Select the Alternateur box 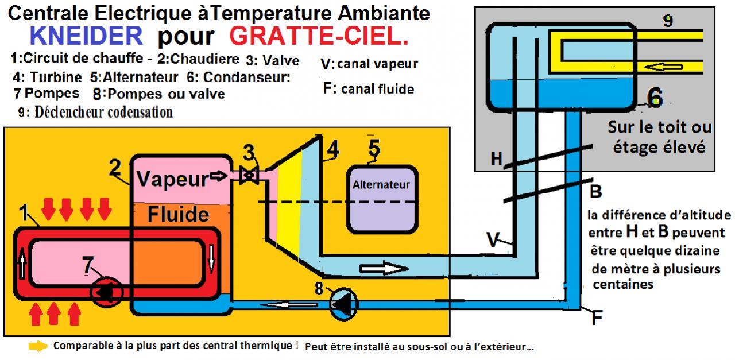[381, 198]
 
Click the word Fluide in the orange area [178, 214]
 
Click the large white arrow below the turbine [384, 268]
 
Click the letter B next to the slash [595, 191]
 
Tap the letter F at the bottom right [597, 318]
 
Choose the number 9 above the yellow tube [667, 21]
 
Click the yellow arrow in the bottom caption [38, 347]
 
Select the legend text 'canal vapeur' [377, 64]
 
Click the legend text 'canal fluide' [377, 89]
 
